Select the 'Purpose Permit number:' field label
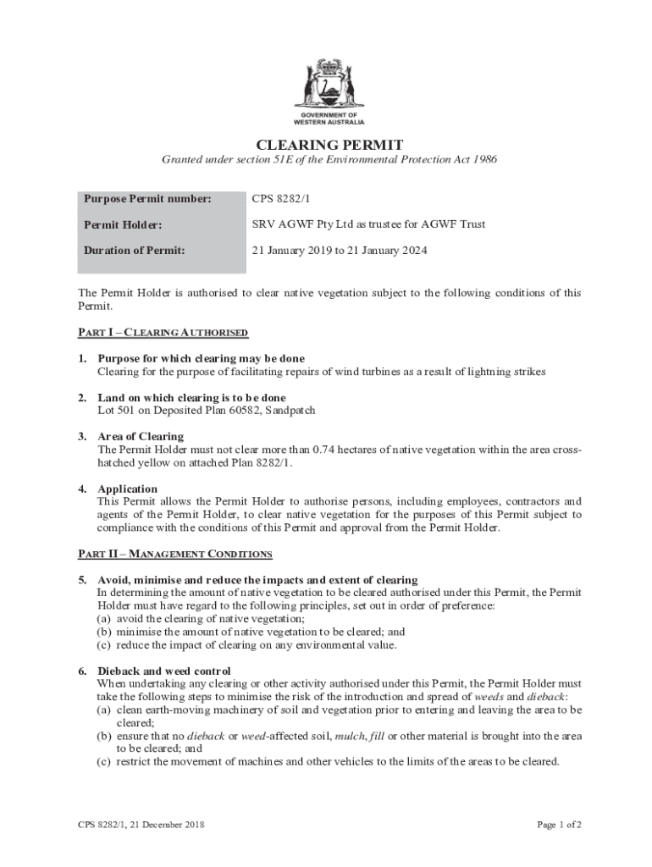coord(146,199)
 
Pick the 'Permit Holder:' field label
coord(123,225)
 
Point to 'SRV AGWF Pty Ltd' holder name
coord(301,225)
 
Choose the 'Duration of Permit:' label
coord(134,251)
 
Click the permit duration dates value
coord(339,251)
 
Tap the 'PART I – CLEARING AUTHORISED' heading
coord(163,333)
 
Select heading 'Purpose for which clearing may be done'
coord(202,358)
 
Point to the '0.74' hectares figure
coord(326,450)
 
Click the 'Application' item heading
coord(127,489)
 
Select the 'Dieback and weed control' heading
coord(164,671)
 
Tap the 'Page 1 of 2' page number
coord(559,824)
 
